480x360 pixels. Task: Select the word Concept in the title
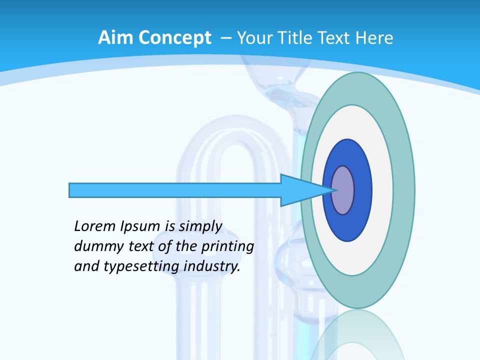click(x=174, y=37)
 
